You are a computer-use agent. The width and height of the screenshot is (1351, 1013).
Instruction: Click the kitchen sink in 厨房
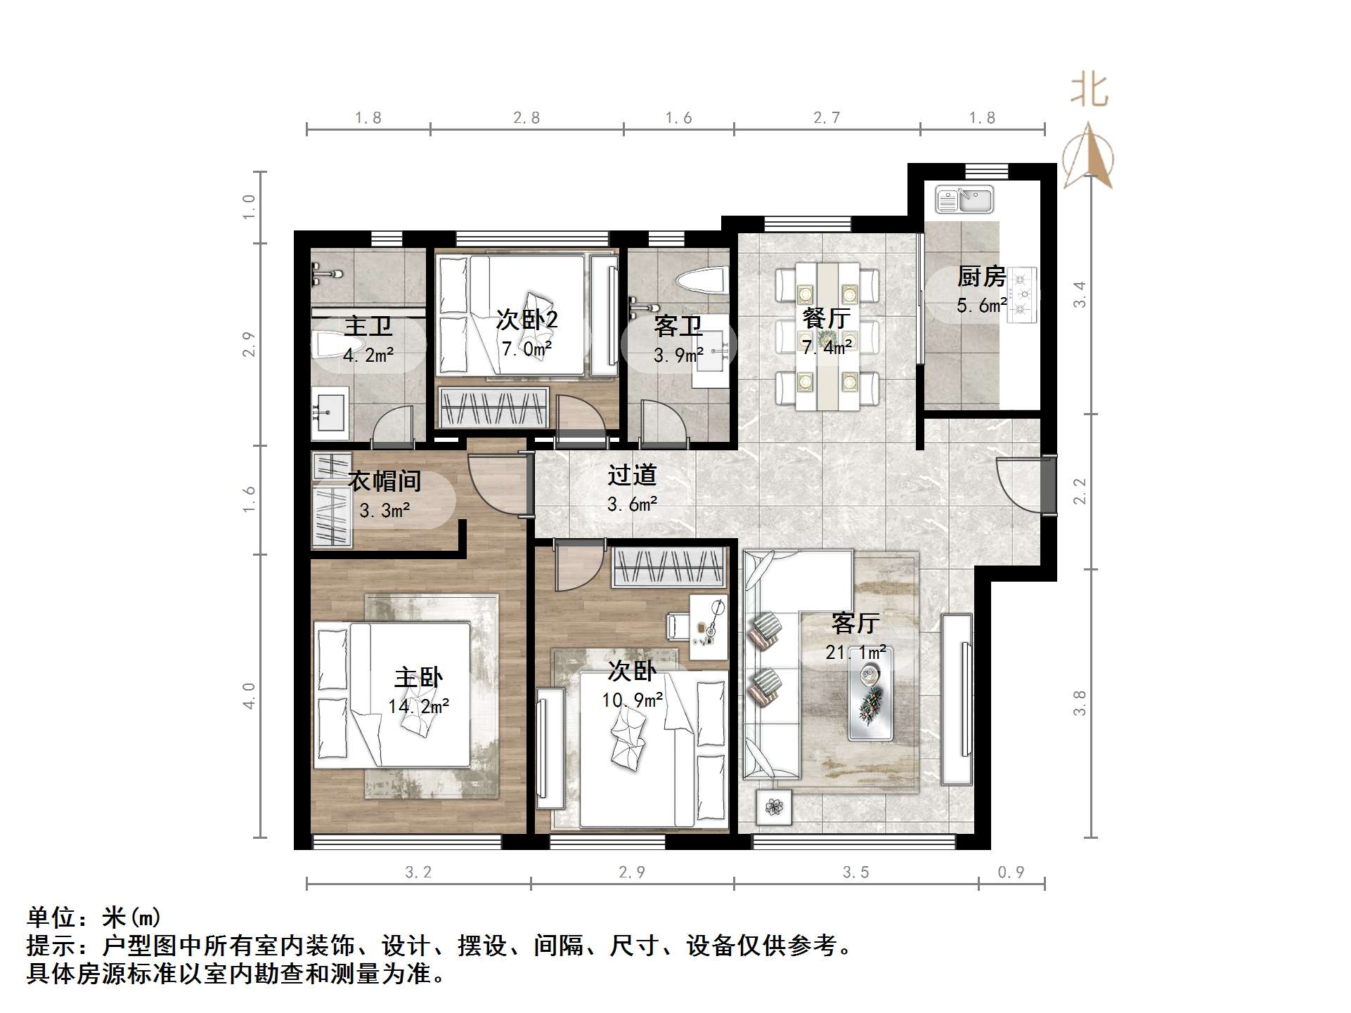tap(964, 200)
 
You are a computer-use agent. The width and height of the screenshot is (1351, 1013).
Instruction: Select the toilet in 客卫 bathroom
tap(701, 281)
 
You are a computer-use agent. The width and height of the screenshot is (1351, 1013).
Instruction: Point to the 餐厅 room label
tap(827, 318)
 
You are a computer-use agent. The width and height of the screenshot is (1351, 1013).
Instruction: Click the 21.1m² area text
tap(855, 653)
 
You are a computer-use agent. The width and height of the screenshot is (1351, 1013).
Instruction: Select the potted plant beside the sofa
tap(774, 807)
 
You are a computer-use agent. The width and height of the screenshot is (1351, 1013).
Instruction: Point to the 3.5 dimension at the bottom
tap(855, 873)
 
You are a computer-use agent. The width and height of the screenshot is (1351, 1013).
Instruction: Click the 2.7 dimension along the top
tap(827, 118)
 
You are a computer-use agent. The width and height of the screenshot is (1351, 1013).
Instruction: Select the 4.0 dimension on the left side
tap(250, 695)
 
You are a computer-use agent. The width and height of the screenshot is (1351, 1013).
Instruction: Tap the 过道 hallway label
tap(632, 476)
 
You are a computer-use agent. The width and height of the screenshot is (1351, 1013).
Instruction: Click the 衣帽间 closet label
tap(384, 481)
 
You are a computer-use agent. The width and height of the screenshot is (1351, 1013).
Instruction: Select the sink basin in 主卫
tap(330, 408)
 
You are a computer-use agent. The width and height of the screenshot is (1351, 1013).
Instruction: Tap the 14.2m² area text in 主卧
tap(418, 706)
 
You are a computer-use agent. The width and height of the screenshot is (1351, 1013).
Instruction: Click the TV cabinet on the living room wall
tap(957, 700)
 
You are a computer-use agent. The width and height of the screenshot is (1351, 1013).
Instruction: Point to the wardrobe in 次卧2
tap(493, 408)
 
